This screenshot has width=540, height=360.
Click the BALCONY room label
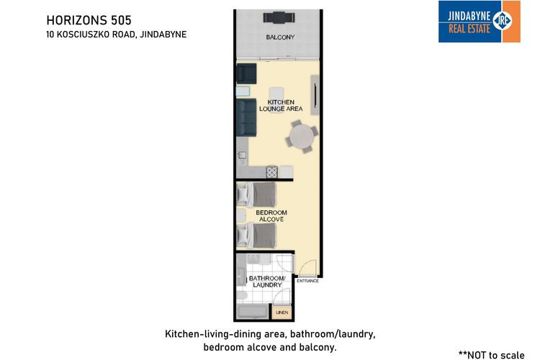tap(280, 37)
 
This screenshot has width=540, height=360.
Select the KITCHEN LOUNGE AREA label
tap(284, 106)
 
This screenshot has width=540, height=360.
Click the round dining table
tap(301, 135)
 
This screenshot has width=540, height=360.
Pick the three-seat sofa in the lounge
tap(247, 118)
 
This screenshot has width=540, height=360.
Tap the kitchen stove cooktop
tap(271, 171)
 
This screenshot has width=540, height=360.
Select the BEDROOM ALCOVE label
tap(271, 215)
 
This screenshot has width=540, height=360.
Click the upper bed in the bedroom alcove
tap(258, 194)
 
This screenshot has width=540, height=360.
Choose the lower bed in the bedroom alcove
tap(258, 235)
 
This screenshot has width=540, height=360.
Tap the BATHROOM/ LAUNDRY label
tap(266, 282)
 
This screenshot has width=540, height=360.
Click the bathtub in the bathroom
tap(252, 312)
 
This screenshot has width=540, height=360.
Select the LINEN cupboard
tap(282, 312)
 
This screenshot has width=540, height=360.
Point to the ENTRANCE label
tap(307, 281)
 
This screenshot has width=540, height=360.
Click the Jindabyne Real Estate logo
tap(479, 21)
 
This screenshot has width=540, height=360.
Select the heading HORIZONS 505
tap(89, 19)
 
